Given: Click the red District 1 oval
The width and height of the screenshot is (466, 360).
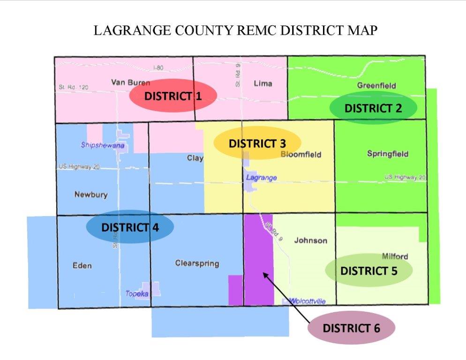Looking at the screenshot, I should click(173, 96).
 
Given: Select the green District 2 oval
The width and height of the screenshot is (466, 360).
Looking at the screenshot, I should click(373, 108).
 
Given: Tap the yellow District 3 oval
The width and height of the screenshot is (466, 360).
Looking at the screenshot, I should click(257, 143).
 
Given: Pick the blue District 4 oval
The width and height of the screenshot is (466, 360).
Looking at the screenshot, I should click(130, 227).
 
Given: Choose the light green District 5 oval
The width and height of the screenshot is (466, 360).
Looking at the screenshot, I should click(368, 271).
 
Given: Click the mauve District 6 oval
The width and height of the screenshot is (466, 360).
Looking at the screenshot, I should click(351, 328).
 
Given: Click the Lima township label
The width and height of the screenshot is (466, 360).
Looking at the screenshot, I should click(263, 83).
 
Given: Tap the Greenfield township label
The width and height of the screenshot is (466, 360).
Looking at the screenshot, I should click(376, 85).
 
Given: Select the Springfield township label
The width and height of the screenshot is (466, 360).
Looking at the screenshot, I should click(388, 154).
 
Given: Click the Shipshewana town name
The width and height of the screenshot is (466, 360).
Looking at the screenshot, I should click(103, 145).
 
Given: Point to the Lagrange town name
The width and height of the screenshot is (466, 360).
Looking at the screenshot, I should click(262, 178).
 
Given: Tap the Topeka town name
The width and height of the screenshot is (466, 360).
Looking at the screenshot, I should click(137, 294).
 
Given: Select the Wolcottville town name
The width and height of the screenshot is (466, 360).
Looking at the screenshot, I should click(307, 301).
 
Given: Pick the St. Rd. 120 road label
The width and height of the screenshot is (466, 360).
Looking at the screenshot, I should click(74, 87).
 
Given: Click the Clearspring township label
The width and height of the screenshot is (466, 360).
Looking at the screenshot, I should click(197, 263).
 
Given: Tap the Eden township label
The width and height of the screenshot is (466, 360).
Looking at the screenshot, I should click(82, 266).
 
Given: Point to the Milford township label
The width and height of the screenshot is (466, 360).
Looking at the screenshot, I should click(394, 256).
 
